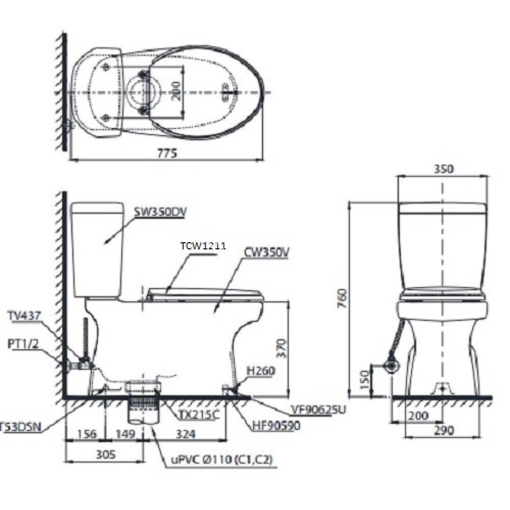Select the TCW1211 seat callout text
(203, 246)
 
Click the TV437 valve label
(24, 316)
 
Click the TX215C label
(198, 415)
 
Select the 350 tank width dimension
(443, 169)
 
